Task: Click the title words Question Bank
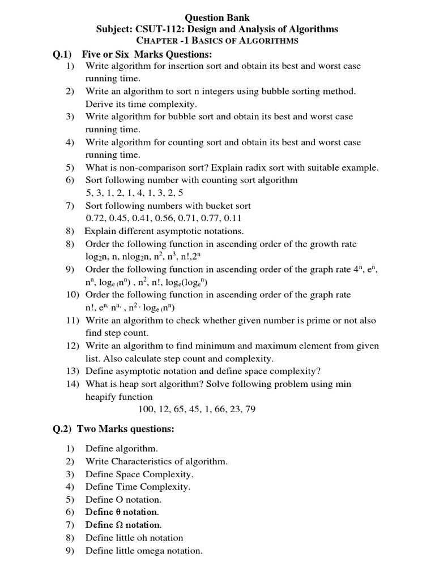tap(217, 18)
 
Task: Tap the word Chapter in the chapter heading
tap(156, 41)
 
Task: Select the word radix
tap(268, 167)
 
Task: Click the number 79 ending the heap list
tap(249, 409)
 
